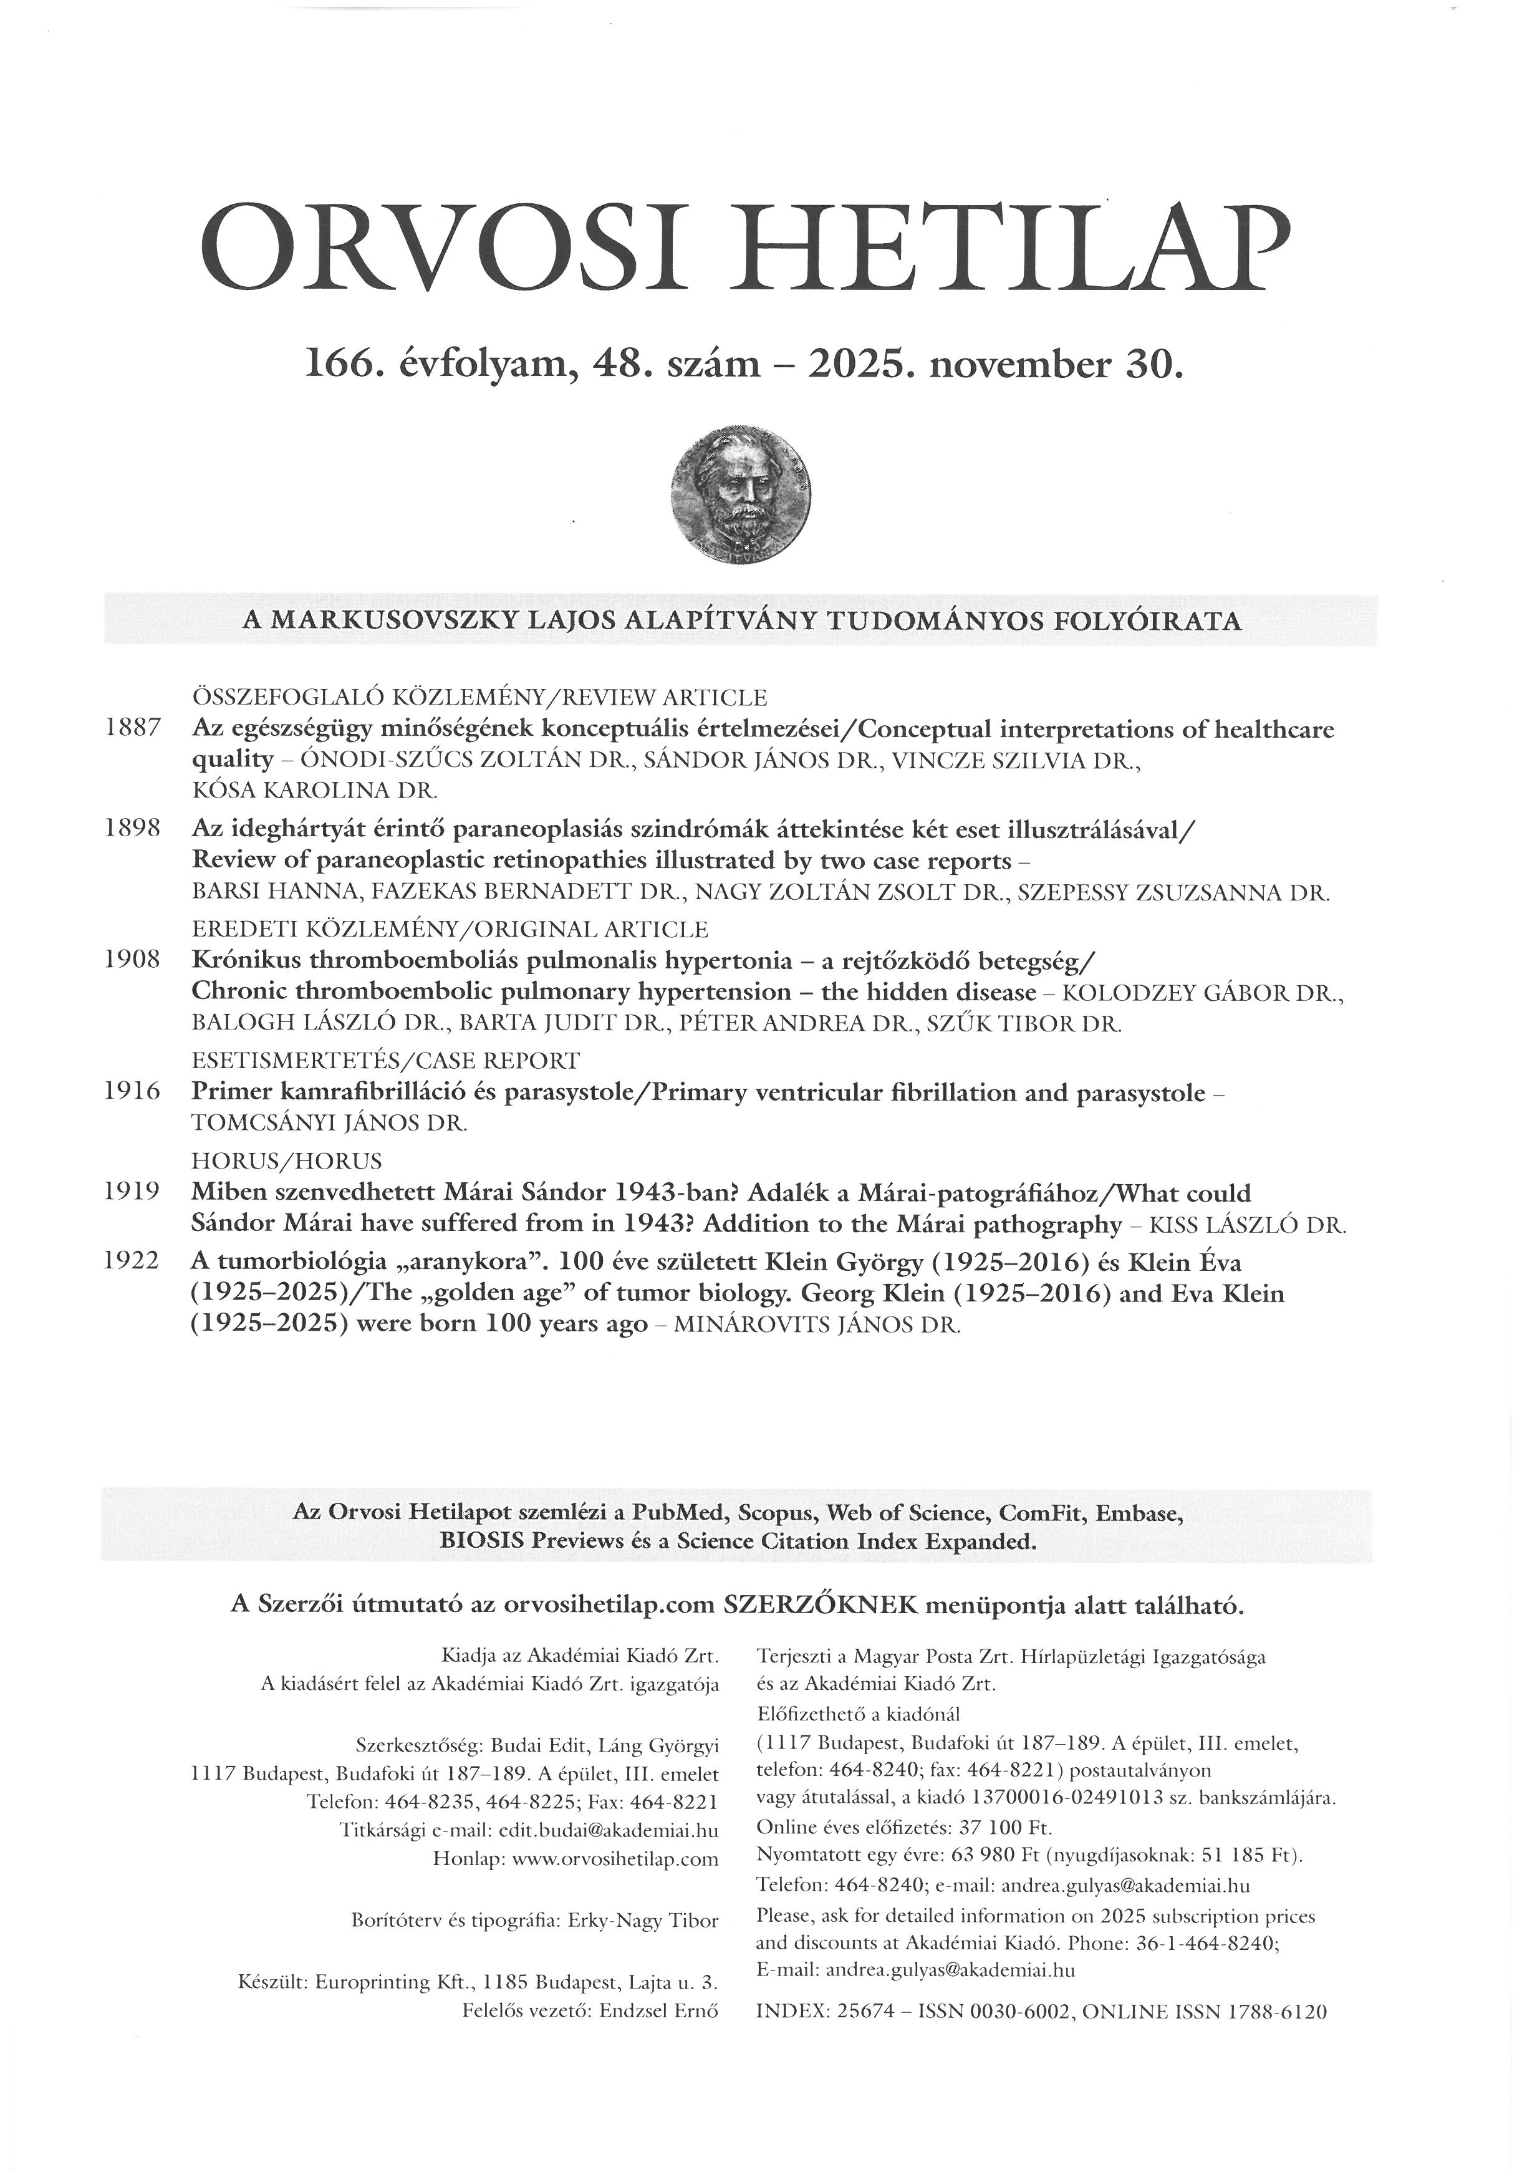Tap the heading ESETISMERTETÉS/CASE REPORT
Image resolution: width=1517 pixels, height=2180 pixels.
(385, 1059)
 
